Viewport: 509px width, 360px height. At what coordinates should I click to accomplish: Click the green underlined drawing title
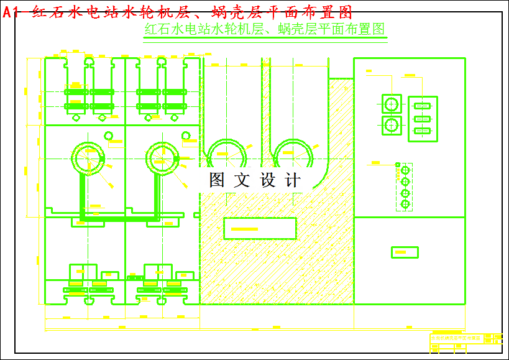[x=265, y=29]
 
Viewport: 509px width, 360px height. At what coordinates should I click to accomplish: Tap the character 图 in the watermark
[x=217, y=180]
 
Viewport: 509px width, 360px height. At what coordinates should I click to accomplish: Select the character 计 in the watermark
[x=292, y=180]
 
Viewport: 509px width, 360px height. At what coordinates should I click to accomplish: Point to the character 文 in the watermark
[x=241, y=180]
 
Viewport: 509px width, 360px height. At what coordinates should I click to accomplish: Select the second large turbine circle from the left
[x=162, y=156]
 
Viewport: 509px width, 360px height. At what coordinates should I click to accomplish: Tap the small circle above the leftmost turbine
[x=109, y=136]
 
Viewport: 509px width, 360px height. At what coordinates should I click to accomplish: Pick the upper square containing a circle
[x=392, y=104]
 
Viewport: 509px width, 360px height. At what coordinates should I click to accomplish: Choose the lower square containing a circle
[x=392, y=124]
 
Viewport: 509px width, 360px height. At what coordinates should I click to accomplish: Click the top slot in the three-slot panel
[x=423, y=106]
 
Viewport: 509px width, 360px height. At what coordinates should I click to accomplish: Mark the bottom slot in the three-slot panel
[x=423, y=131]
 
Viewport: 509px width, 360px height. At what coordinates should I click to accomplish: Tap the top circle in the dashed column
[x=405, y=170]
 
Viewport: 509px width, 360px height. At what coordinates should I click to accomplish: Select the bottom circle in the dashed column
[x=405, y=204]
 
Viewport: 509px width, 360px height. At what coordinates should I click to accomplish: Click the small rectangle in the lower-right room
[x=404, y=252]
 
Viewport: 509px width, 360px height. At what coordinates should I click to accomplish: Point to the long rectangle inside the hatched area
[x=260, y=229]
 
